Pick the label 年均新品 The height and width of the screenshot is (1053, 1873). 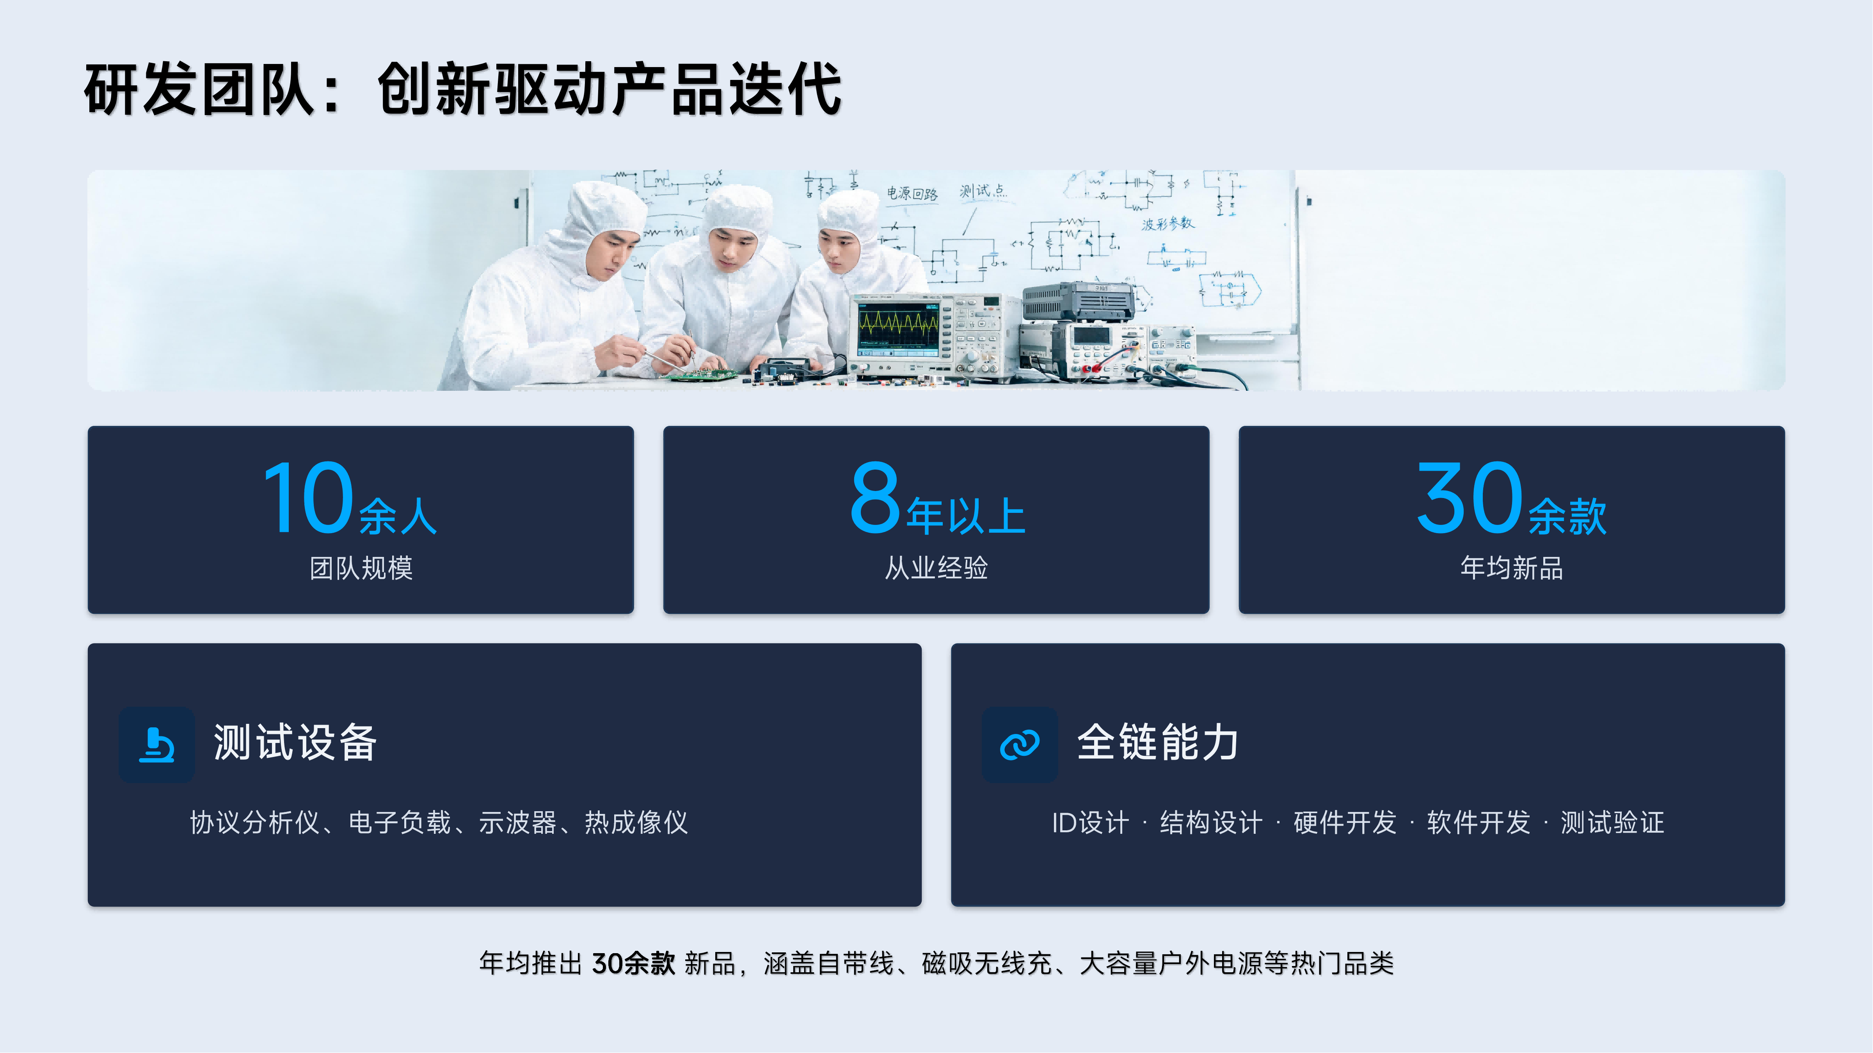point(1512,567)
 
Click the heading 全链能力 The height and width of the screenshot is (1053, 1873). point(1157,743)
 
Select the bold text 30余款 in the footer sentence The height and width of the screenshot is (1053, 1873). point(633,964)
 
